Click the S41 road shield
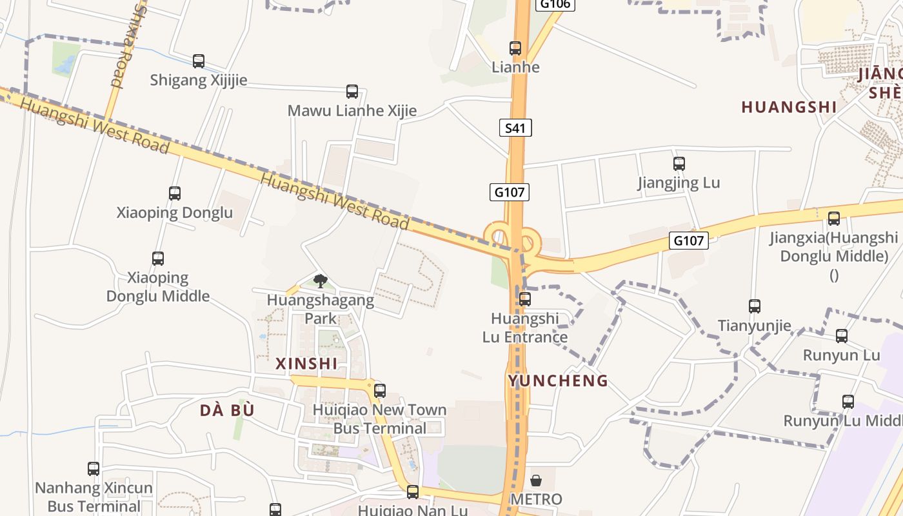point(515,128)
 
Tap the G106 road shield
point(555,4)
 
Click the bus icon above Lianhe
point(515,48)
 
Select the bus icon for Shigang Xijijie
point(199,61)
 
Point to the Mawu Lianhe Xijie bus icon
point(352,92)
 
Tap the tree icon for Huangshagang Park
point(320,281)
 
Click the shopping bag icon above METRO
point(536,481)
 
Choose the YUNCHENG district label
point(558,381)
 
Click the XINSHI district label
point(306,364)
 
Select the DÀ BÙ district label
point(227,410)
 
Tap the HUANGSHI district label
point(789,107)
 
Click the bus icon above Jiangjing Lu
point(679,164)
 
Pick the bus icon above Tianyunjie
point(755,306)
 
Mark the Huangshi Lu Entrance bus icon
point(525,299)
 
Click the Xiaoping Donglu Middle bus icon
point(158,259)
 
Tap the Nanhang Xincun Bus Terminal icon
point(94,469)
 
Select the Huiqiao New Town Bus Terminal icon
point(380,391)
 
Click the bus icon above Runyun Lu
point(842,336)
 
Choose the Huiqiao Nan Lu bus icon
point(413,493)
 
